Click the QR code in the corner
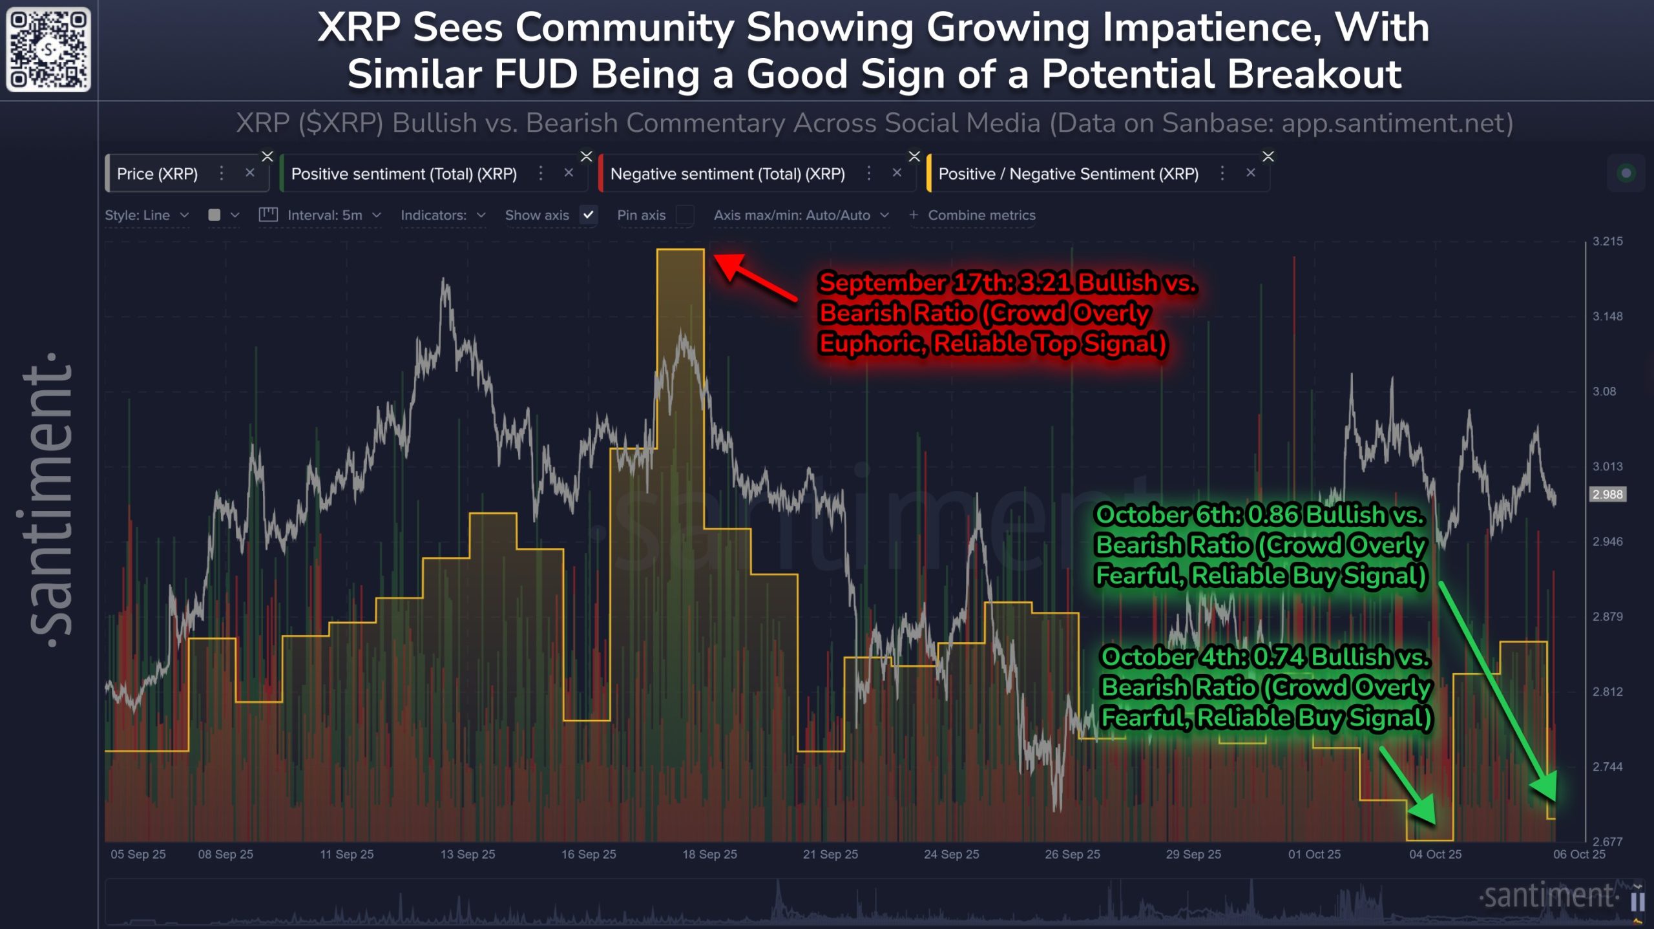click(48, 49)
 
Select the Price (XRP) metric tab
click(157, 174)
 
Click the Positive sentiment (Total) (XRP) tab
click(404, 174)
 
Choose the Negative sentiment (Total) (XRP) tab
click(728, 174)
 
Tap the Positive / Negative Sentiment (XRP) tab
click(1068, 174)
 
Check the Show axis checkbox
click(588, 215)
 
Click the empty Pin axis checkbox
click(685, 215)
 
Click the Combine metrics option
click(981, 215)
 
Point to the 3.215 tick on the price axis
click(1607, 242)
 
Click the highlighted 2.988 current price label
click(1607, 494)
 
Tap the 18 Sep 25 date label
click(709, 854)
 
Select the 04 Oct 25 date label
click(1435, 854)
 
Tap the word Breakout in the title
click(1314, 74)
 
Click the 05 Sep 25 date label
click(138, 854)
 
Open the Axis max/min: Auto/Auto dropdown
click(801, 215)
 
